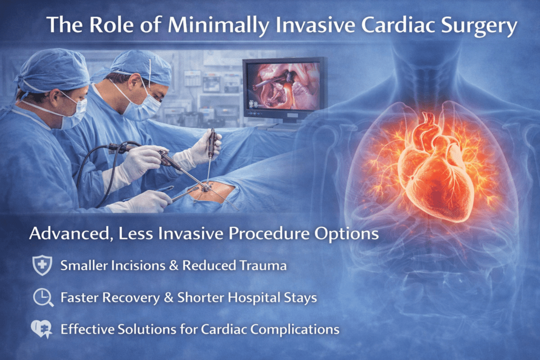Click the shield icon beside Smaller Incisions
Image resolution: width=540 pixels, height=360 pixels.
41,266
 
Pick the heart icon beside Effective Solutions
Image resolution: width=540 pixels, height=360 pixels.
41,329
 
